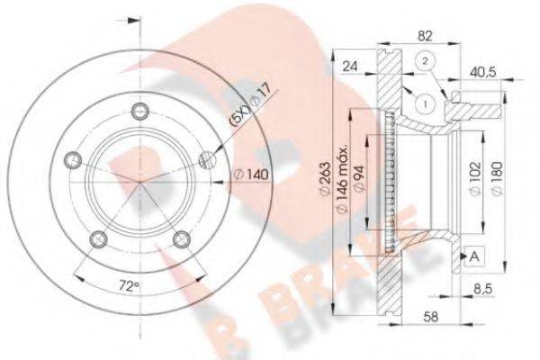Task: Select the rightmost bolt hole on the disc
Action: [x=208, y=160]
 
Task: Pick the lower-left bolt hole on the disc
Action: [x=101, y=238]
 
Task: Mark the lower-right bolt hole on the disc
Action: [x=183, y=238]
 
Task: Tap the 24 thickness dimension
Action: [x=352, y=65]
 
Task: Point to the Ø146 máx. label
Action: [x=342, y=180]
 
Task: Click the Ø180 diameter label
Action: [x=493, y=173]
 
